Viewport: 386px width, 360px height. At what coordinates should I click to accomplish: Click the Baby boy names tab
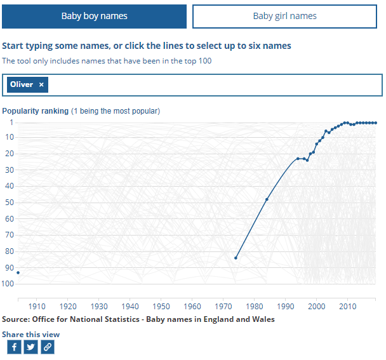pyautogui.click(x=94, y=17)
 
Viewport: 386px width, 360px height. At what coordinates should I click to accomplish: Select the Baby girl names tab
pyautogui.click(x=284, y=17)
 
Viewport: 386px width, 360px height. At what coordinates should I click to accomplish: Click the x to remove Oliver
pyautogui.click(x=41, y=84)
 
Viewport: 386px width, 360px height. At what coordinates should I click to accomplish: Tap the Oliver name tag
pyautogui.click(x=22, y=84)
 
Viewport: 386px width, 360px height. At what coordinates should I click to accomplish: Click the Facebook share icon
pyautogui.click(x=14, y=347)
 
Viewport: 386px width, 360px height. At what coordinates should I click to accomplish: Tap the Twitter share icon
pyautogui.click(x=30, y=347)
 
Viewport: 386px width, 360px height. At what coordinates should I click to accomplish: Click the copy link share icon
pyautogui.click(x=48, y=347)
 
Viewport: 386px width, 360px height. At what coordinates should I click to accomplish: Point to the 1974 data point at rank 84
pyautogui.click(x=236, y=258)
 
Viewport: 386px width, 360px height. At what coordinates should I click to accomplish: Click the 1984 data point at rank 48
pyautogui.click(x=267, y=199)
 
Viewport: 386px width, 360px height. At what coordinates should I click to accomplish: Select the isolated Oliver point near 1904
pyautogui.click(x=18, y=272)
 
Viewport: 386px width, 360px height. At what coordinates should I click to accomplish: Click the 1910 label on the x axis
pyautogui.click(x=37, y=307)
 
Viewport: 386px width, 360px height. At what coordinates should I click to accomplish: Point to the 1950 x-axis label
pyautogui.click(x=161, y=307)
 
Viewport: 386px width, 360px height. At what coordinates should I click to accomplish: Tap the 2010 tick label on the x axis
pyautogui.click(x=347, y=307)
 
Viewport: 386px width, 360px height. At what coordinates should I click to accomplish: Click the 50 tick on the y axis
pyautogui.click(x=10, y=203)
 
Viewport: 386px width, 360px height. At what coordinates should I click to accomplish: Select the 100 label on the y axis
pyautogui.click(x=8, y=284)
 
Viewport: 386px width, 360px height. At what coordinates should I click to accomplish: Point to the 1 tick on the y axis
pyautogui.click(x=11, y=122)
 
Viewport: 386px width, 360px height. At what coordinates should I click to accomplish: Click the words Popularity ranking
pyautogui.click(x=36, y=111)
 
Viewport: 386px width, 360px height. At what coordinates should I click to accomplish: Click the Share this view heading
pyautogui.click(x=31, y=334)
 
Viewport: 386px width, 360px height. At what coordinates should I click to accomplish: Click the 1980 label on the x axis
pyautogui.click(x=255, y=307)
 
